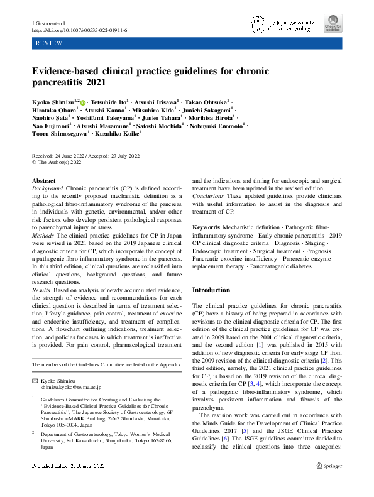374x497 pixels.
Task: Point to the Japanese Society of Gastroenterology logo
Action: point(280,24)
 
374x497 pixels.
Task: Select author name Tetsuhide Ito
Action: point(109,101)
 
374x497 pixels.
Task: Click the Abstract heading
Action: point(44,181)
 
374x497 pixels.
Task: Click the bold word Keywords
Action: point(206,227)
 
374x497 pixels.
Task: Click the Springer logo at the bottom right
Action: point(329,483)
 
